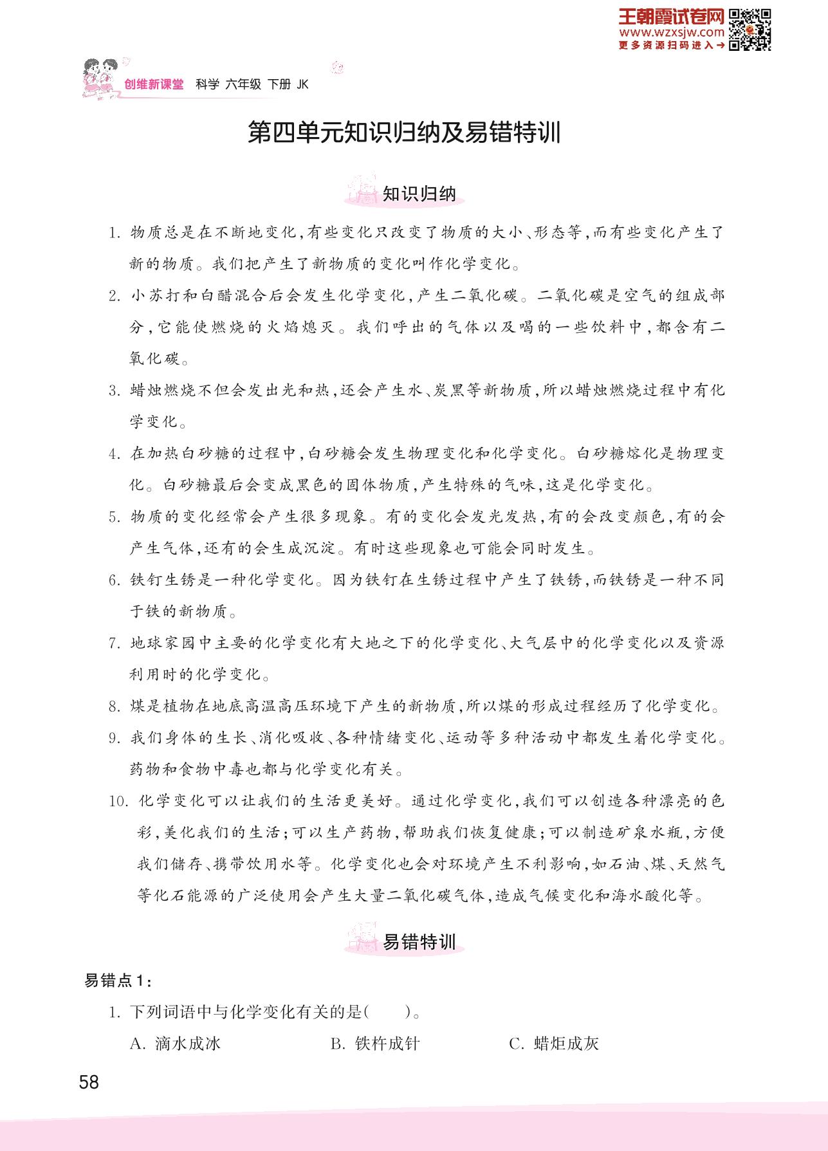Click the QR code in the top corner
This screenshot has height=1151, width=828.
pyautogui.click(x=750, y=29)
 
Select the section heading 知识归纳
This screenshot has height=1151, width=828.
pyautogui.click(x=419, y=194)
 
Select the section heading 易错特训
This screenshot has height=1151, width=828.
pyautogui.click(x=419, y=942)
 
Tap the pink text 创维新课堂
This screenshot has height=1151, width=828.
pyautogui.click(x=153, y=84)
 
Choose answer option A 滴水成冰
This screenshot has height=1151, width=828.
pyautogui.click(x=175, y=1044)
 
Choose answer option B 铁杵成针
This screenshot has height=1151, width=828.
pyautogui.click(x=375, y=1044)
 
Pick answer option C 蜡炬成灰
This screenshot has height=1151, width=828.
pyautogui.click(x=554, y=1044)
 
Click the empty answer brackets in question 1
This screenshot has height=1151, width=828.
pyautogui.click(x=388, y=1012)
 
